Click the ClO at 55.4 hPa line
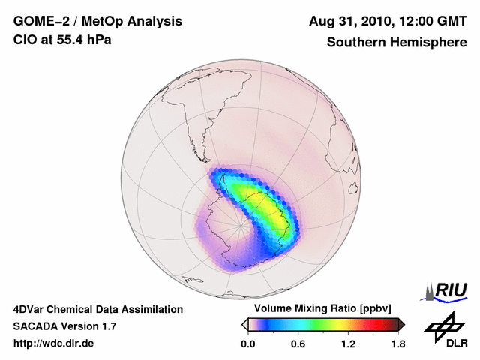tap(62, 40)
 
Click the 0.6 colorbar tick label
tap(298, 344)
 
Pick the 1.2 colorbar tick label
tap(348, 344)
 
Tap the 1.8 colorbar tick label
tap(397, 344)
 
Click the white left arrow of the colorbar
tap(244, 324)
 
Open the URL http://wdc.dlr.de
tap(54, 343)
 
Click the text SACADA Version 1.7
tap(64, 326)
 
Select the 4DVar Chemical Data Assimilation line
tap(97, 309)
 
